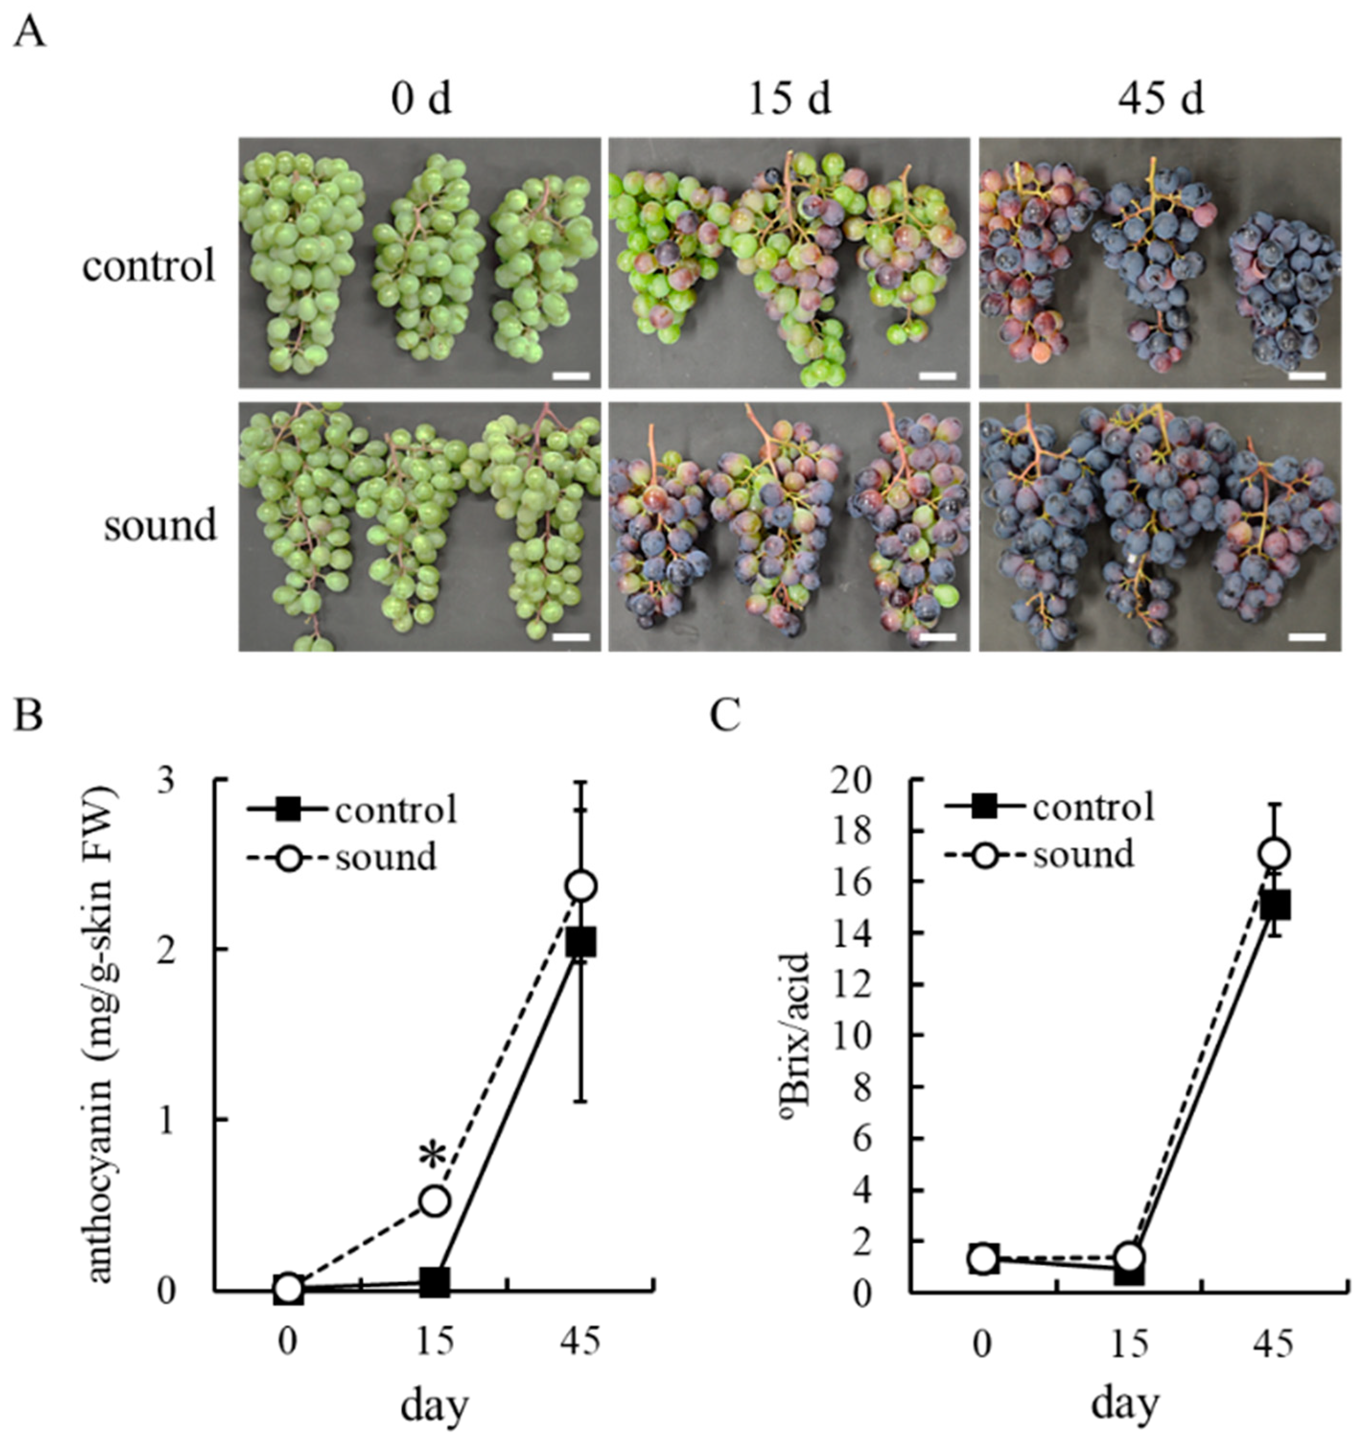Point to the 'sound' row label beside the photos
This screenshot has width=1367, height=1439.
(160, 526)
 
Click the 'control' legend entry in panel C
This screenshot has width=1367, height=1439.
(1093, 807)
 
